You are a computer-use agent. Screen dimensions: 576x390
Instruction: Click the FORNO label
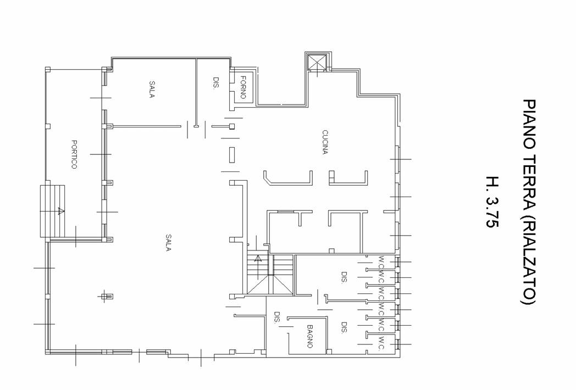pos(243,87)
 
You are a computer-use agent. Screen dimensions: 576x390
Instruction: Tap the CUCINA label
pos(325,142)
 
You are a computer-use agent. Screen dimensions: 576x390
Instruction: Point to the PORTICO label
pos(74,154)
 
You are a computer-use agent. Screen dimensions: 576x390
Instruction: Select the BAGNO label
pos(310,336)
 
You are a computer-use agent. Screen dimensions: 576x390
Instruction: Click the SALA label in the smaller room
pos(151,89)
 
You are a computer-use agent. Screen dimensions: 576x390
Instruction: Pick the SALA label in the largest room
pos(168,243)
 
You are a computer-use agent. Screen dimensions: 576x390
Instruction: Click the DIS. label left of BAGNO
pos(277,317)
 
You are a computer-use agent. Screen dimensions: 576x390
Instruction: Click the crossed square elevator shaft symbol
pos(317,62)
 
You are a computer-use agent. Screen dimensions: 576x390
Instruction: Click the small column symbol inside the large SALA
pos(108,296)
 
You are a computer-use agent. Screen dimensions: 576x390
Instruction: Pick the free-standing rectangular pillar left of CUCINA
pos(232,154)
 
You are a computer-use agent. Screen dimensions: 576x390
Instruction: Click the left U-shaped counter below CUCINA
pos(288,178)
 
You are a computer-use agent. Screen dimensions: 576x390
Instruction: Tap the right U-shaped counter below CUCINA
pos(348,178)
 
